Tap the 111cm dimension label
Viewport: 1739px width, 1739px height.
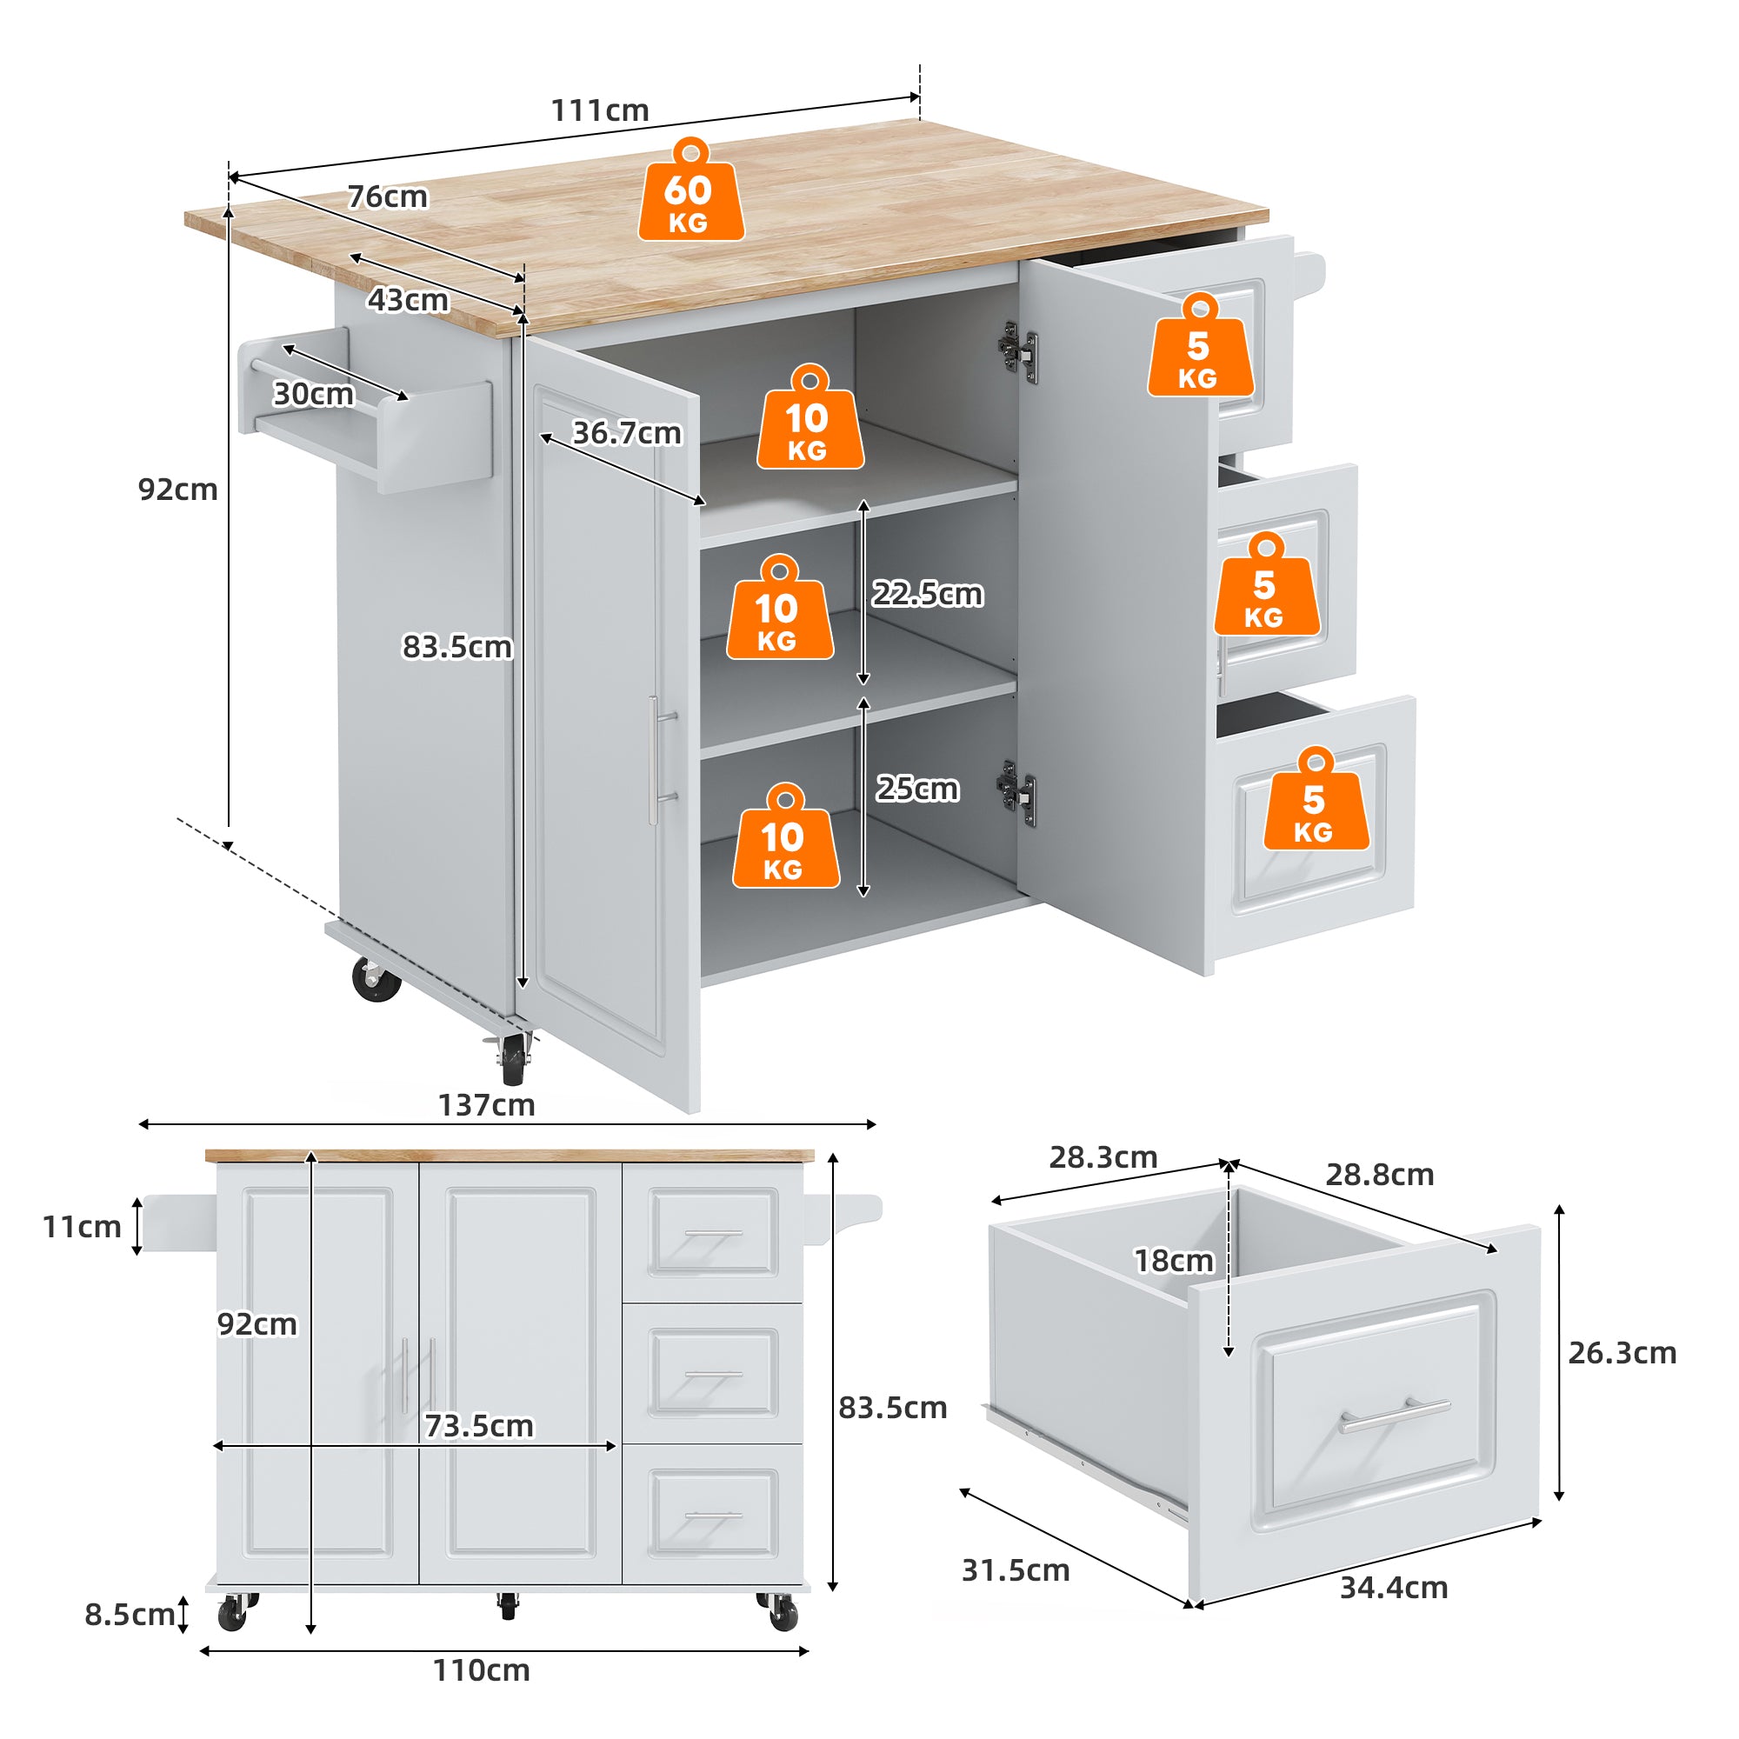[x=599, y=110]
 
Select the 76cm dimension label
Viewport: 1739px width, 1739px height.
[x=388, y=197]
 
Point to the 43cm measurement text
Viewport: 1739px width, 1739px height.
[x=408, y=300]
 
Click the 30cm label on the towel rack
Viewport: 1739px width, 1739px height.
[x=313, y=394]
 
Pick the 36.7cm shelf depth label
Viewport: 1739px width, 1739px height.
[x=628, y=434]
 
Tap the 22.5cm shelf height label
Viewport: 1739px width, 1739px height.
[x=927, y=595]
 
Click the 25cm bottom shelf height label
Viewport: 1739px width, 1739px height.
[x=917, y=790]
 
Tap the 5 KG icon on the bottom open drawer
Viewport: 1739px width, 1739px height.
[x=1315, y=802]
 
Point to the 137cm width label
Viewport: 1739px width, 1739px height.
[x=486, y=1105]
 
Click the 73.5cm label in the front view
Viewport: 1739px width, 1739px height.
[x=479, y=1427]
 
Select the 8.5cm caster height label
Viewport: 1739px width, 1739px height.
[x=129, y=1615]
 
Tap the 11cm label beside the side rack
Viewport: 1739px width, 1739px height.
[x=82, y=1227]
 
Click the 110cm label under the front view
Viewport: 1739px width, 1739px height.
[x=481, y=1670]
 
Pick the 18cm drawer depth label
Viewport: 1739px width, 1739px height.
[x=1174, y=1261]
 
